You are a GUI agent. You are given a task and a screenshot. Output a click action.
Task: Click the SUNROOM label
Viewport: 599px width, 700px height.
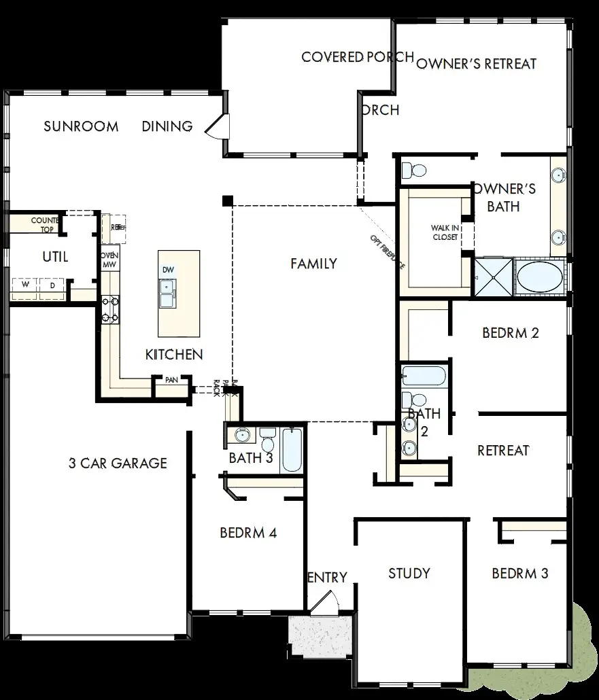pos(81,126)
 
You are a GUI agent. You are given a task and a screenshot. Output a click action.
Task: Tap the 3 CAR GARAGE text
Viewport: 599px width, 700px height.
pos(118,463)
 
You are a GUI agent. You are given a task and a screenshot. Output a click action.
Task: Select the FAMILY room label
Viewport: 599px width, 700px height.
pos(313,264)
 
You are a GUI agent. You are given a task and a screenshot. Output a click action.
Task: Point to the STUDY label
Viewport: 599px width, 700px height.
pos(409,573)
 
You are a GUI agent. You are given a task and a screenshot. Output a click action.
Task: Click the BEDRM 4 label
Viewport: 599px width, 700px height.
pos(248,533)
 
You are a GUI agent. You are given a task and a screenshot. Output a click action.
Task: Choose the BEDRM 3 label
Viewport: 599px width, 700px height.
pos(519,574)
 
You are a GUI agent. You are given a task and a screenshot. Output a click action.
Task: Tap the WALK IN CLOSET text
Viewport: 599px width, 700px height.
pos(445,232)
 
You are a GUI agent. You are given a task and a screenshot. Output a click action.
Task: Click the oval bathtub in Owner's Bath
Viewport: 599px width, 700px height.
pos(537,277)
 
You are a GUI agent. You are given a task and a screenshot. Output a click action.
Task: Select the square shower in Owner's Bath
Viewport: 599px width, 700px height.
pos(493,277)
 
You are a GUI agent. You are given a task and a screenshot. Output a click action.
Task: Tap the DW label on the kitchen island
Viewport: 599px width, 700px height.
pos(168,270)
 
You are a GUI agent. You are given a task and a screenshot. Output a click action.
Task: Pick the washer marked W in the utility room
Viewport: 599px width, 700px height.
pos(25,285)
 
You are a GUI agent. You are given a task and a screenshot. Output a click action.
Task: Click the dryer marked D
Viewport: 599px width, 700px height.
pos(52,285)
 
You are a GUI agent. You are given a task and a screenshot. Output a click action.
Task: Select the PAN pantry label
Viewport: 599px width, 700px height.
pos(171,380)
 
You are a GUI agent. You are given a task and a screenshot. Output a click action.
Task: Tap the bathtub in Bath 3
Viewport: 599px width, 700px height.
pos(292,449)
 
